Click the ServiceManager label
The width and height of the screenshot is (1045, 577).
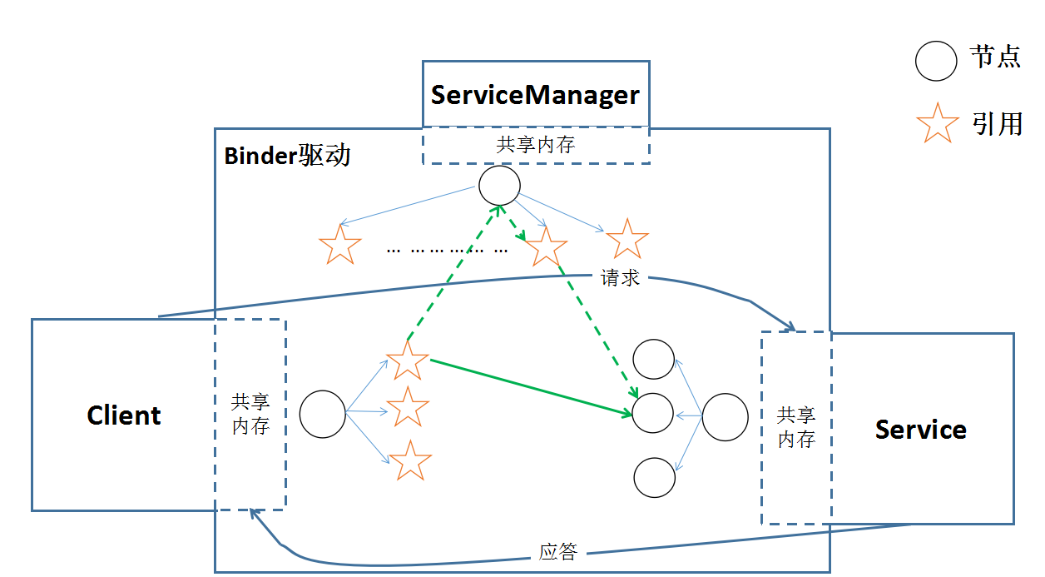(535, 95)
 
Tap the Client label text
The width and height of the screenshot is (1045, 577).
(124, 415)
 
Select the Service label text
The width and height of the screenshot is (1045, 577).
(920, 430)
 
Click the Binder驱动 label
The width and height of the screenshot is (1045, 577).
(287, 156)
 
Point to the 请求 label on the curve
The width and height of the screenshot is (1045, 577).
(620, 278)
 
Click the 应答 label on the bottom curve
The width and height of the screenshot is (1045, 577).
(557, 551)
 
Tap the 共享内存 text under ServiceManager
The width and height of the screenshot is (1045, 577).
(535, 145)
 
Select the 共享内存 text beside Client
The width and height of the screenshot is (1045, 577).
(250, 414)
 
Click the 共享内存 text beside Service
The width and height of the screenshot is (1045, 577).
(795, 427)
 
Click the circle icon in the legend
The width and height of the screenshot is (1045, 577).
(936, 61)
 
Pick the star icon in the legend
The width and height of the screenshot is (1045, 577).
(937, 123)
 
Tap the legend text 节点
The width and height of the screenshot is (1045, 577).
(995, 57)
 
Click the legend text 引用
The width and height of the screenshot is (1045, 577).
(996, 123)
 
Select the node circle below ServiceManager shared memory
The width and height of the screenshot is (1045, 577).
(499, 185)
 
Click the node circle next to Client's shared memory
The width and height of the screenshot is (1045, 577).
(322, 414)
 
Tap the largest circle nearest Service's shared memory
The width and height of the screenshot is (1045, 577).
(725, 417)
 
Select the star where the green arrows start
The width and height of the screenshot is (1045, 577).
(408, 361)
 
